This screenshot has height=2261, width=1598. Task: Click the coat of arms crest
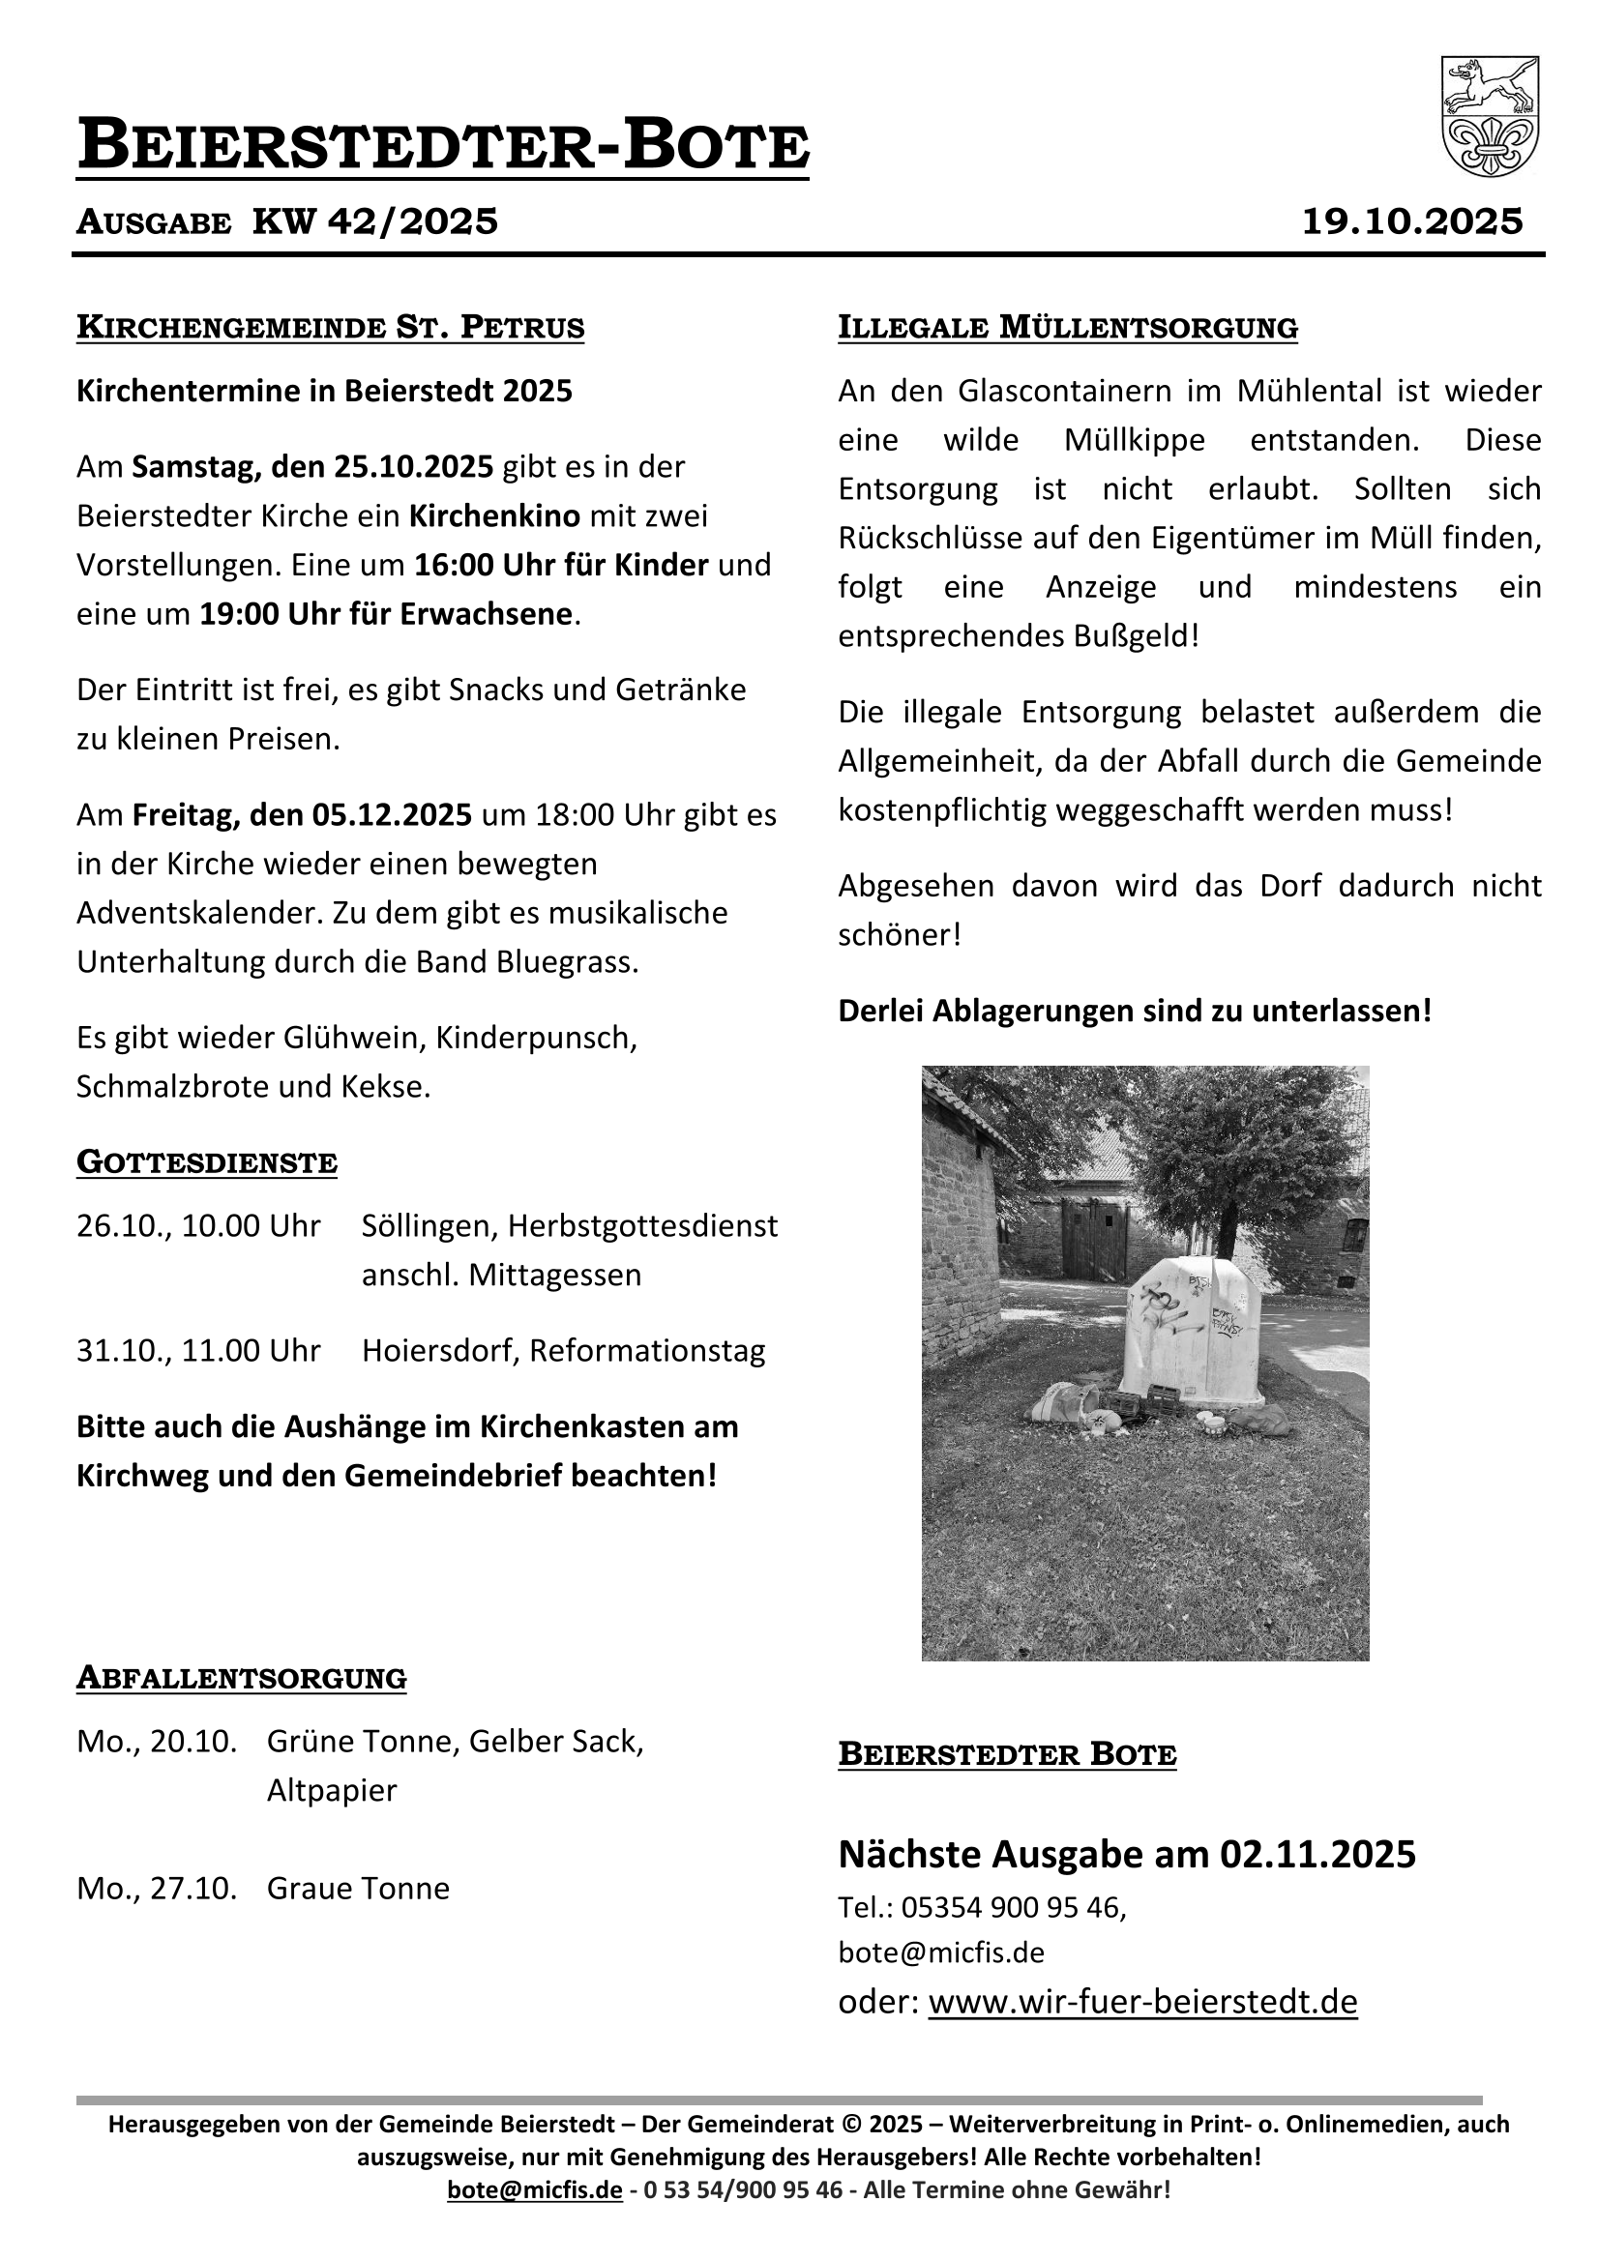coord(1489,116)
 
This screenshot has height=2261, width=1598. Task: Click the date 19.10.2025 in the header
coord(1412,221)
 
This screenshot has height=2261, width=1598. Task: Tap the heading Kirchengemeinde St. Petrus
coord(330,327)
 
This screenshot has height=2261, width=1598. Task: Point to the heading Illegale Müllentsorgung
coord(1067,327)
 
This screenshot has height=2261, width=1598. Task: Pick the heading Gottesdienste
coord(207,1162)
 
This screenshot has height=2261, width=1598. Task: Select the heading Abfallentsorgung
coord(242,1677)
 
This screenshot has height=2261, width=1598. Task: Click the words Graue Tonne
coord(358,1888)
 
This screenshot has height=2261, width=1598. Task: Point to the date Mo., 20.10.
coord(157,1741)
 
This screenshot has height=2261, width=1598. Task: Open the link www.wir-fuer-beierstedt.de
coord(1141,2001)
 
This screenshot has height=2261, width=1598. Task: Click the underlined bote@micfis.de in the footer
coord(534,2189)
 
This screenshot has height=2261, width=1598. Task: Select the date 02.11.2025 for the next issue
coord(1317,1854)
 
